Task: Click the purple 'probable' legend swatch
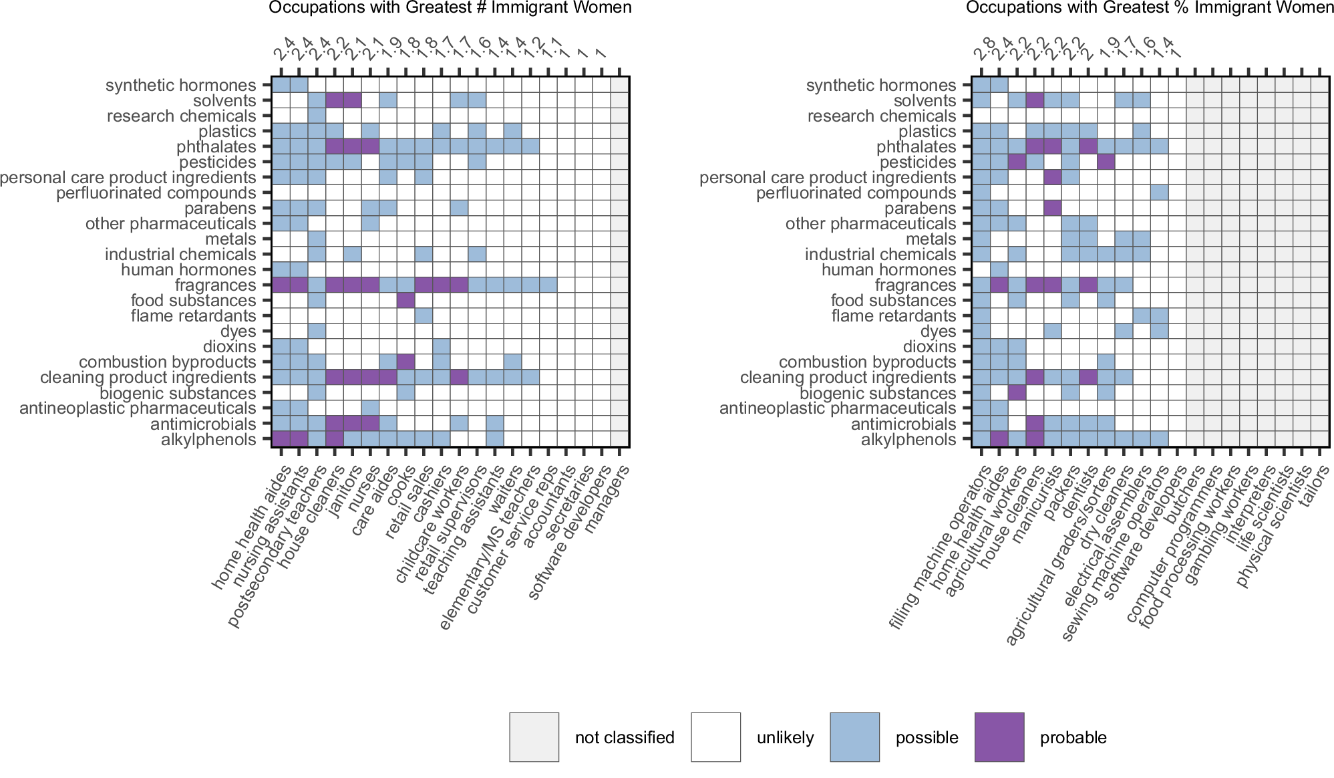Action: pos(999,737)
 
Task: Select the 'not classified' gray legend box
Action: pos(534,737)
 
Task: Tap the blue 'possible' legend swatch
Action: pos(854,737)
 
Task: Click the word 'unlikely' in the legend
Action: pos(785,738)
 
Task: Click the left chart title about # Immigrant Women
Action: pos(450,8)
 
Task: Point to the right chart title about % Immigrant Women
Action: pos(1149,8)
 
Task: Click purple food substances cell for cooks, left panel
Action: pos(405,301)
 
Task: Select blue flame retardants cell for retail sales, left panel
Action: pos(424,316)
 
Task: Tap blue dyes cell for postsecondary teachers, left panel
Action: pos(317,332)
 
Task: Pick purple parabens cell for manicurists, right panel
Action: pos(1052,209)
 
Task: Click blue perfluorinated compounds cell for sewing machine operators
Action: pos(1160,193)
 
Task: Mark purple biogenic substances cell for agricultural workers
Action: pos(1017,393)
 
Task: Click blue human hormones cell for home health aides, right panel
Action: pos(999,270)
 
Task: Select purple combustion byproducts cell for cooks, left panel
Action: pos(405,362)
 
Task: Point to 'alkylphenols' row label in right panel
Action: pos(908,440)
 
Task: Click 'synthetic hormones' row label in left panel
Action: pos(180,86)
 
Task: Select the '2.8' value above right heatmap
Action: pos(984,52)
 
